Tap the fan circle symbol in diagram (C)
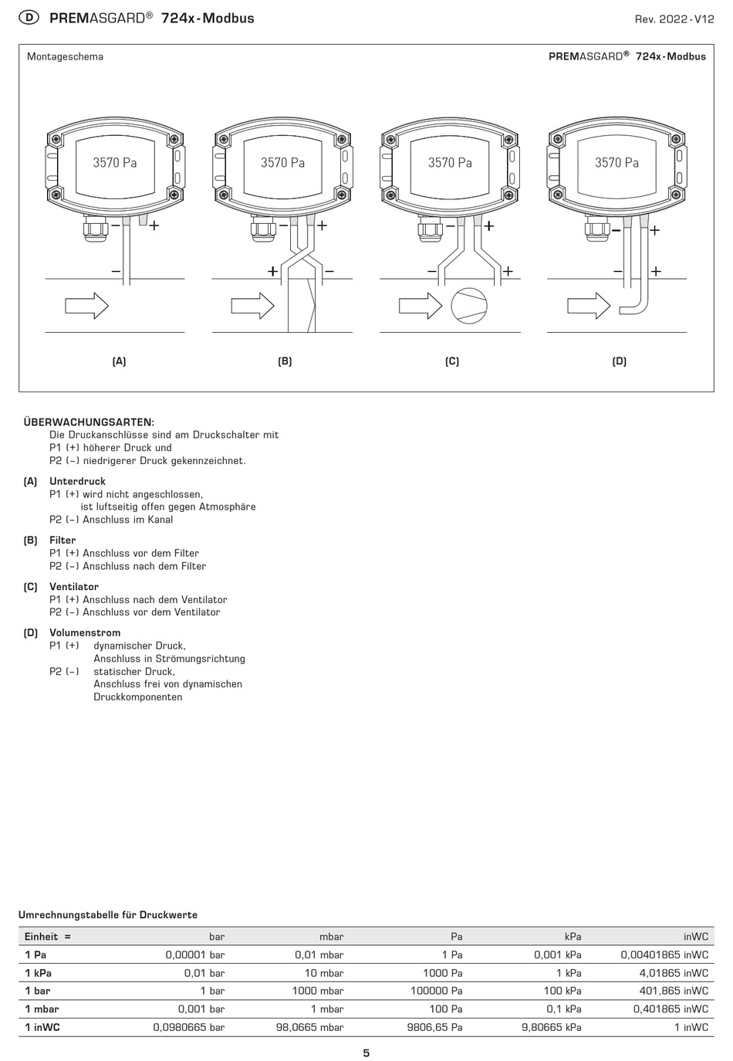(x=469, y=305)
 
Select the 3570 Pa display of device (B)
(x=282, y=163)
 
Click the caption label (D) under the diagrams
(x=619, y=361)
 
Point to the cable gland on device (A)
(x=96, y=229)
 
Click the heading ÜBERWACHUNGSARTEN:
(x=89, y=422)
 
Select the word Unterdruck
(x=77, y=481)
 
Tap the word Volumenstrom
(x=85, y=632)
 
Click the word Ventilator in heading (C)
(x=73, y=586)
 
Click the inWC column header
(x=695, y=936)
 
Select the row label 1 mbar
(x=42, y=1008)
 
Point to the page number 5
(x=366, y=1053)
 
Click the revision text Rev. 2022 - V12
(x=674, y=19)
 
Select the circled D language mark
(x=29, y=18)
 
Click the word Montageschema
(x=65, y=56)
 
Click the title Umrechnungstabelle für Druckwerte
(x=108, y=915)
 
